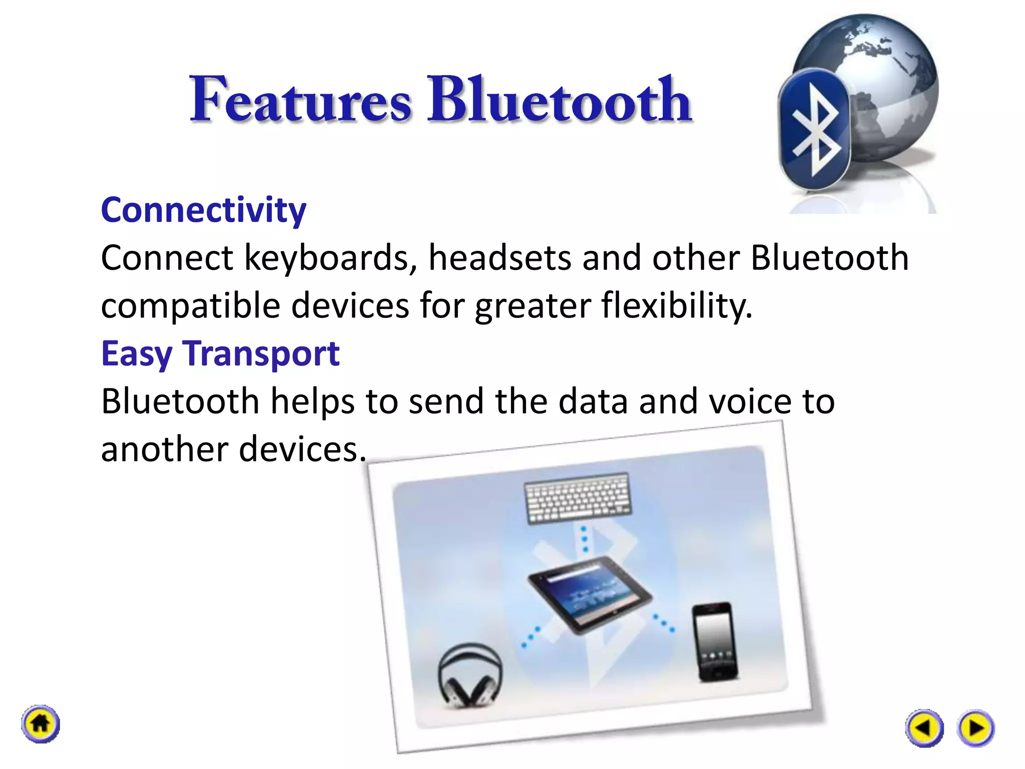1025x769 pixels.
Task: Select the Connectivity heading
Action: [x=203, y=210]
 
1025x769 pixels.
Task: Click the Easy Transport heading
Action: [x=220, y=353]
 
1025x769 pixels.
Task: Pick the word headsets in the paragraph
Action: [x=499, y=258]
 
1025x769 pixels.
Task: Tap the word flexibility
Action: [x=677, y=305]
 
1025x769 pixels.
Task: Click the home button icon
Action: [x=41, y=724]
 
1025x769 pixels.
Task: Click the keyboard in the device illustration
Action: [x=578, y=498]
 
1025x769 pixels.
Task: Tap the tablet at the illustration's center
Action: [x=589, y=595]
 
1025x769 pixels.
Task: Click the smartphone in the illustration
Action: [x=714, y=642]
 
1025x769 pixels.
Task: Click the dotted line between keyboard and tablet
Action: [x=584, y=540]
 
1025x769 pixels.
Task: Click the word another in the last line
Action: [x=164, y=449]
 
